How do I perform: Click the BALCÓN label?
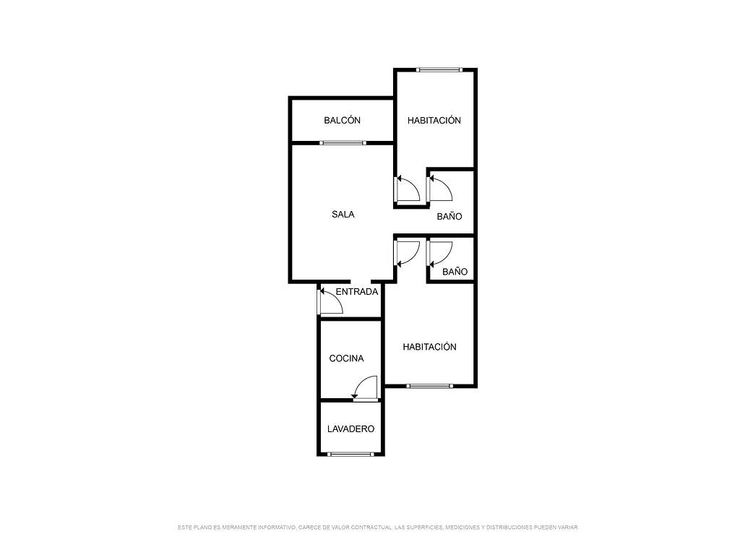(342, 121)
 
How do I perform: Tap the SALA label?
(343, 214)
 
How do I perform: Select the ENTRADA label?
(357, 292)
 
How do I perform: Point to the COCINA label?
(346, 358)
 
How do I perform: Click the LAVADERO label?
(350, 429)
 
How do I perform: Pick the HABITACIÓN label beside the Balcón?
(434, 121)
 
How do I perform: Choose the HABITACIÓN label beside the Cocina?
(429, 347)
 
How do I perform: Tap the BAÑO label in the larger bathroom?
(449, 217)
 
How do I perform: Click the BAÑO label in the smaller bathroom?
(455, 272)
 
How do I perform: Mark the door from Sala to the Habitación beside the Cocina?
(407, 254)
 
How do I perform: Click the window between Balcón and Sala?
(343, 142)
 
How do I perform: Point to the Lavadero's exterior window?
(350, 454)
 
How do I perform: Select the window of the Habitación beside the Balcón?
(439, 70)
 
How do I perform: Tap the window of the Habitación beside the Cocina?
(429, 386)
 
